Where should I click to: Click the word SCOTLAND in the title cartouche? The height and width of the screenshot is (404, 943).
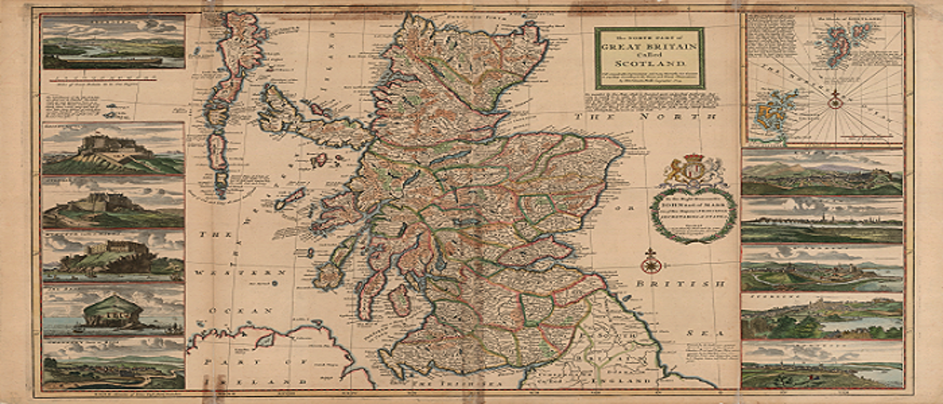648,63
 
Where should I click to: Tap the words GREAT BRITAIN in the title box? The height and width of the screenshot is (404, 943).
649,46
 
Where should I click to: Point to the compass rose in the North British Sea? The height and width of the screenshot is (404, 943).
651,262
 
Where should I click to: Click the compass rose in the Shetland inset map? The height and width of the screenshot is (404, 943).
835,102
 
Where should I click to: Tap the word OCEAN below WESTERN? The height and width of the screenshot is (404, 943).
239,311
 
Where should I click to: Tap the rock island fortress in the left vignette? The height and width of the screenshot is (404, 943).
112,314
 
